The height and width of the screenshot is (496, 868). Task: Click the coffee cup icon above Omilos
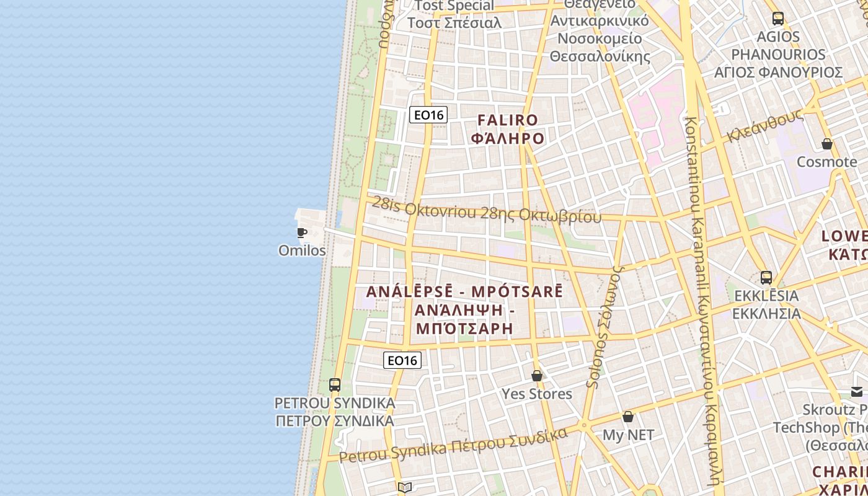302,233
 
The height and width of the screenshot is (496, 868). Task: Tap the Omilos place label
302,250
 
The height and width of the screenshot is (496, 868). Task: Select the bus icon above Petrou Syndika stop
335,384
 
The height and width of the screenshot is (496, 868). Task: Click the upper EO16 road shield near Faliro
428,115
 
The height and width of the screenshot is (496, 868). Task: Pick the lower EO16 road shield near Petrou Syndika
402,360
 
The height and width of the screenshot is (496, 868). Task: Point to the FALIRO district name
507,120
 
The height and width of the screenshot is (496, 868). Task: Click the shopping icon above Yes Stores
537,376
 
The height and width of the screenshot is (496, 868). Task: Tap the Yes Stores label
537,394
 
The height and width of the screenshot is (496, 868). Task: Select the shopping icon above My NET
628,417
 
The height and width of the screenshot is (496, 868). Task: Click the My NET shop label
628,435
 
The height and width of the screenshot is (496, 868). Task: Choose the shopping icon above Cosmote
826,144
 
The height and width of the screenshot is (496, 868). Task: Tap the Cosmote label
826,162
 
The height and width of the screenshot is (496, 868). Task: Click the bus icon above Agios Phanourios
778,19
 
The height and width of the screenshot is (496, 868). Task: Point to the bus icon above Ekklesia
766,277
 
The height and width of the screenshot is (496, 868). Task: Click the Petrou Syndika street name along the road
453,446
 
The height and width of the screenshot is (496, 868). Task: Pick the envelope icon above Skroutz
856,391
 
